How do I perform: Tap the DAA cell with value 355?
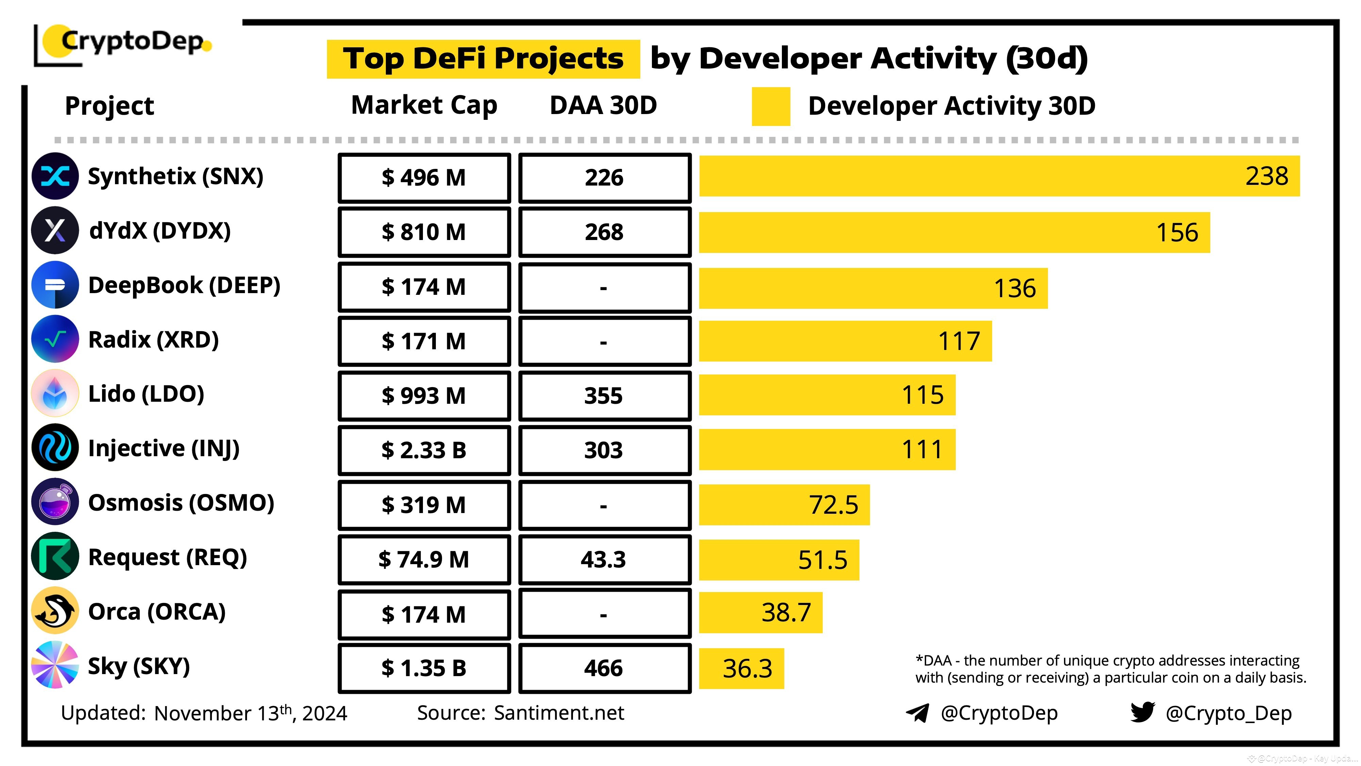[x=604, y=395]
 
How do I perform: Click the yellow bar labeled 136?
[x=873, y=288]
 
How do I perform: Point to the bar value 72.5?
[x=833, y=505]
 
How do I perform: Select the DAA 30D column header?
[x=603, y=105]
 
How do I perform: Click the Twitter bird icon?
[x=1142, y=712]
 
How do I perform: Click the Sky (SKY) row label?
[x=138, y=666]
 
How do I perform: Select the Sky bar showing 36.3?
[x=741, y=668]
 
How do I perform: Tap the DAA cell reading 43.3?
[x=604, y=559]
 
